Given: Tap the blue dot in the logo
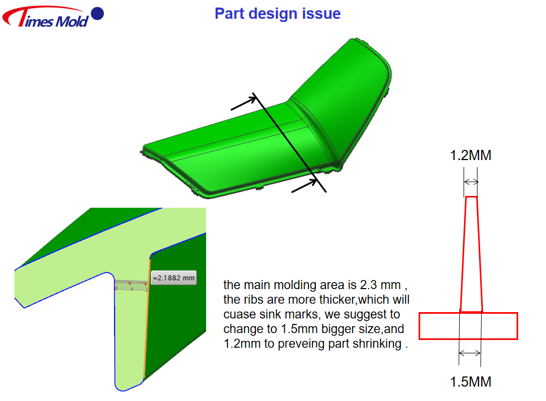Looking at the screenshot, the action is (97, 13).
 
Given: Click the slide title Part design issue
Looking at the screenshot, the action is (277, 13).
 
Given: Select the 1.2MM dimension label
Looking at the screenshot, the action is (471, 155).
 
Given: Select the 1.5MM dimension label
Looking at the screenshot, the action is (471, 382).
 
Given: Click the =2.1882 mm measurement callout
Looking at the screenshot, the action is (174, 278).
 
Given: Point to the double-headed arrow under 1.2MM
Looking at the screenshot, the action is (471, 181).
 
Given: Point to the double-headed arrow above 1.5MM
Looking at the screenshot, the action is (470, 353).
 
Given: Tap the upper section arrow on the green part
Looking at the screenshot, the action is (244, 103).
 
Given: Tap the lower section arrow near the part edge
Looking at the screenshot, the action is (305, 186).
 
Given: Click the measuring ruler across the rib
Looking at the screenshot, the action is (132, 285).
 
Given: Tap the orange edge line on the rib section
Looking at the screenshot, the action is (147, 319).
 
